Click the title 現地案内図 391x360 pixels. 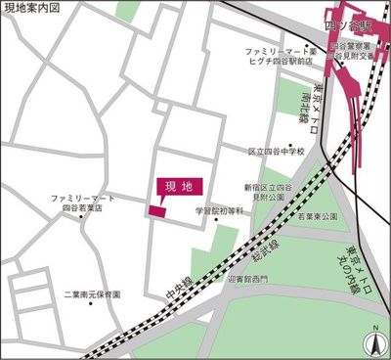tap(31, 8)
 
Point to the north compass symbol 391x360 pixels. tap(373, 342)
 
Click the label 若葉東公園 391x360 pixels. tap(316, 216)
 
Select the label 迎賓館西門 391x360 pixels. tap(244, 278)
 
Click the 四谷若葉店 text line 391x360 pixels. tap(84, 208)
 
